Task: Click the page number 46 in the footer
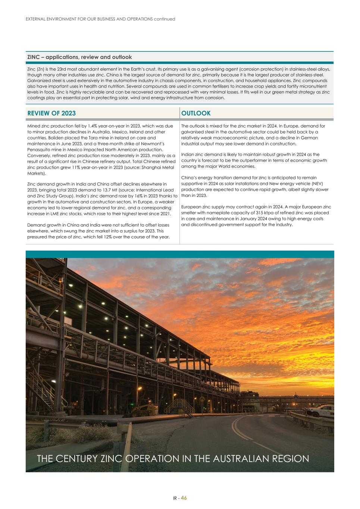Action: coord(184,498)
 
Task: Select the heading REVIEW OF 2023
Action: coord(51,113)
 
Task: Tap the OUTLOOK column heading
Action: coord(196,113)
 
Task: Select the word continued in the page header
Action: coord(165,19)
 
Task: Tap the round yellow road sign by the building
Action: coord(202,399)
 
